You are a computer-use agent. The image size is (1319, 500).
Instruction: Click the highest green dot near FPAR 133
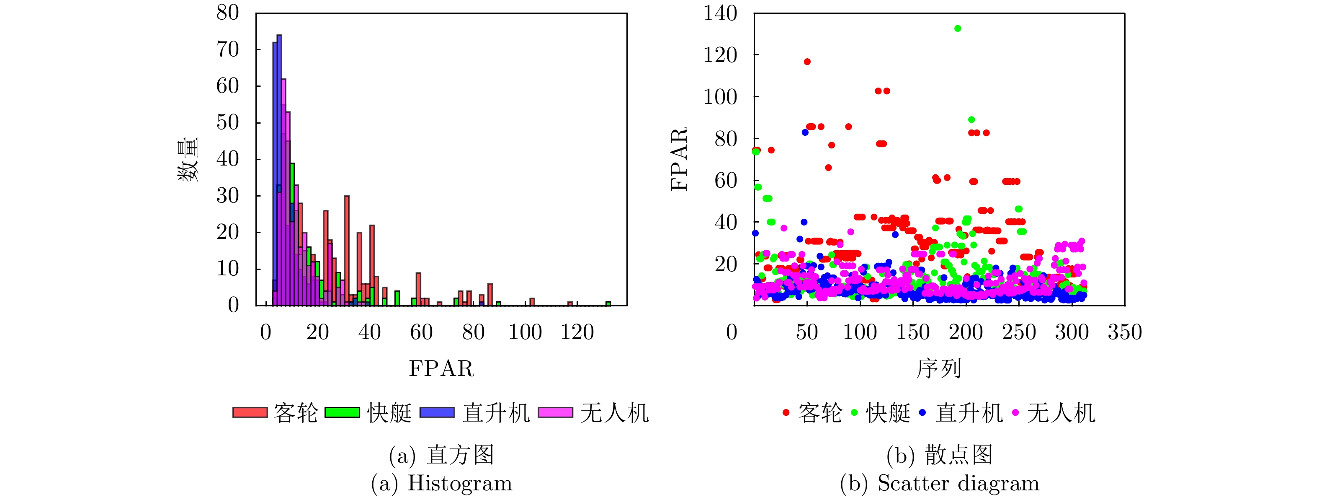point(958,28)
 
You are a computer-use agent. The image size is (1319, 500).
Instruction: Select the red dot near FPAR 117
point(807,62)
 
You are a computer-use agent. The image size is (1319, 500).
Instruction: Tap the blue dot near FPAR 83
point(805,132)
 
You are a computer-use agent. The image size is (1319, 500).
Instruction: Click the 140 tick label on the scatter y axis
point(720,13)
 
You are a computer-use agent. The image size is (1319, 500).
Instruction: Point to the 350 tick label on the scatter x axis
point(1125,332)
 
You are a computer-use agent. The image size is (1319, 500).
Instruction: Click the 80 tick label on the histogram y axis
point(227,13)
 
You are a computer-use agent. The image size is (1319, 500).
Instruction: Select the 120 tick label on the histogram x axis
point(577,332)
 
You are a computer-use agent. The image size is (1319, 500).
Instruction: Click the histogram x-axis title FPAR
point(441,369)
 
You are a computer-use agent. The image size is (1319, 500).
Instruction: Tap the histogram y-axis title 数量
point(188,160)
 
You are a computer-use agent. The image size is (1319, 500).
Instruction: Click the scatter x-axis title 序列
point(939,369)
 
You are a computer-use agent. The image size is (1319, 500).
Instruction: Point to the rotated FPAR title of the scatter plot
point(679,160)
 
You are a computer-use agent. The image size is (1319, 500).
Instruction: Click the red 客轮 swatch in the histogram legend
point(250,413)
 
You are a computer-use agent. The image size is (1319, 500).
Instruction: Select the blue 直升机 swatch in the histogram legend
point(437,413)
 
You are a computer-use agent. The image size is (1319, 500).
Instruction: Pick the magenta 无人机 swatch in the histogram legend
point(555,413)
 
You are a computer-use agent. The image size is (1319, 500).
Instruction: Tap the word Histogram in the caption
point(460,484)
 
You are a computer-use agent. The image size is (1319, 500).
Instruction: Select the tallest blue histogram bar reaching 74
point(279,169)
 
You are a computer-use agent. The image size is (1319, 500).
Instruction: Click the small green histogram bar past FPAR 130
point(608,304)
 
